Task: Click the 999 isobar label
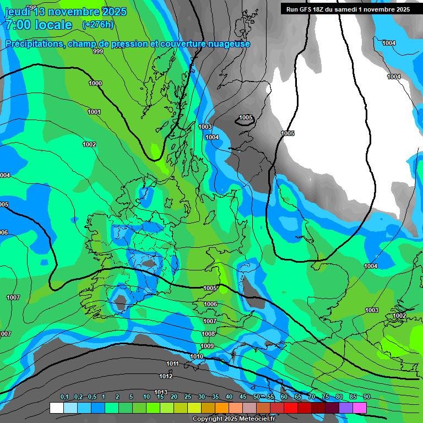pyautogui.click(x=98, y=51)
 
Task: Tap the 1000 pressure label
pyautogui.click(x=95, y=83)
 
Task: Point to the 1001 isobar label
pyautogui.click(x=94, y=112)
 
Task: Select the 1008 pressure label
pyautogui.click(x=208, y=334)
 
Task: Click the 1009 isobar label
pyautogui.click(x=207, y=346)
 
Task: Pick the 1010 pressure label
pyautogui.click(x=197, y=356)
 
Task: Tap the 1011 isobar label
pyautogui.click(x=172, y=364)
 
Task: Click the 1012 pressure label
pyautogui.click(x=166, y=376)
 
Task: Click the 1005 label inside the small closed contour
pyautogui.click(x=246, y=117)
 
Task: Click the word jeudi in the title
pyautogui.click(x=17, y=12)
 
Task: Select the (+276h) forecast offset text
pyautogui.click(x=97, y=25)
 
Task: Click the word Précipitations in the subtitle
pyautogui.click(x=33, y=44)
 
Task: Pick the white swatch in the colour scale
pyautogui.click(x=56, y=408)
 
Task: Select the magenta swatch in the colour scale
pyautogui.click(x=360, y=408)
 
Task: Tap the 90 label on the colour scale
pyautogui.click(x=366, y=397)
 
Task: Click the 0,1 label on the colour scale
pyautogui.click(x=64, y=397)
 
